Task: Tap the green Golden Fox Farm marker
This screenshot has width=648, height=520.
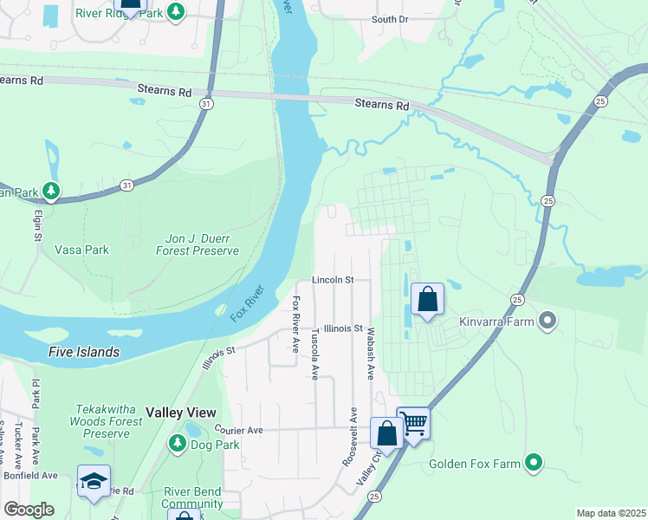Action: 535,463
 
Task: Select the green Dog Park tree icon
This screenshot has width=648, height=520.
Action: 178,444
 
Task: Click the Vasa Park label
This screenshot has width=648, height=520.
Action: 82,250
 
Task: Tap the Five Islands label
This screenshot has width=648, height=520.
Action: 84,352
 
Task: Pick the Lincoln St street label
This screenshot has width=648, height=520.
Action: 334,280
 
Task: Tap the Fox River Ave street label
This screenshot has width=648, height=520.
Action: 295,323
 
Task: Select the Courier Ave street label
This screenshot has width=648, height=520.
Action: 239,429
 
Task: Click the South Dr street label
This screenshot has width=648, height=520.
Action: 389,19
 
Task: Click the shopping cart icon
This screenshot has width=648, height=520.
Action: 414,424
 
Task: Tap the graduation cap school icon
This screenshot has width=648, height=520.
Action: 94,482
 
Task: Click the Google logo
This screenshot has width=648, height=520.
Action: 29,510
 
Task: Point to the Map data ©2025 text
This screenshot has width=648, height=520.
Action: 611,513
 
